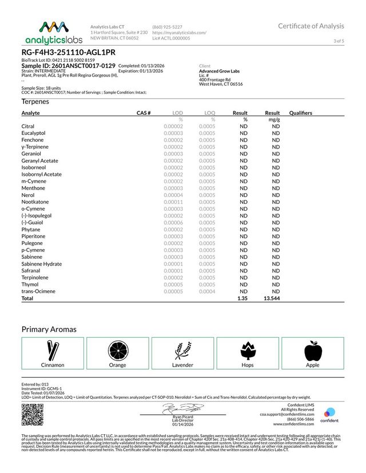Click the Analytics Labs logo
[46, 33]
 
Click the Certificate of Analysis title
[311, 26]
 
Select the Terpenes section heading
[35, 101]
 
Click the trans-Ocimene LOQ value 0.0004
[207, 291]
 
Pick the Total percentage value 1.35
[242, 298]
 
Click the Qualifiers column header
[301, 113]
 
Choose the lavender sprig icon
[182, 350]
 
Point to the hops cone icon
[248, 350]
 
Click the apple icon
[312, 350]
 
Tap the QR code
[32, 415]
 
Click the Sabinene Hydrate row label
[42, 264]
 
